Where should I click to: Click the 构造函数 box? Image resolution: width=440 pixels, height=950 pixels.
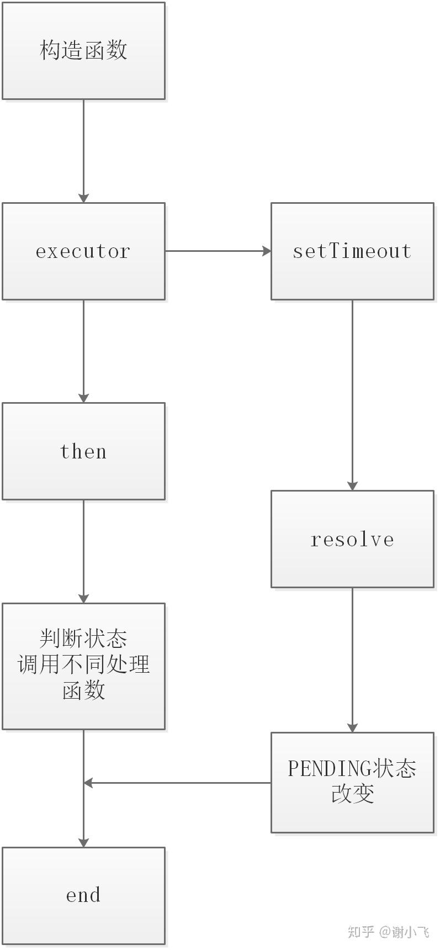[x=83, y=51]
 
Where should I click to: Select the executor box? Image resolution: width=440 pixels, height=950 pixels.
[x=83, y=251]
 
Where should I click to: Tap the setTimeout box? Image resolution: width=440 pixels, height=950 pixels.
[x=352, y=251]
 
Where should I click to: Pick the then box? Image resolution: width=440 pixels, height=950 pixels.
[x=83, y=451]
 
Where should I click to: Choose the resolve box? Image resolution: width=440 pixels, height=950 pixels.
[x=352, y=539]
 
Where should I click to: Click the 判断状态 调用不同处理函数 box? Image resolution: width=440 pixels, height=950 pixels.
[x=83, y=666]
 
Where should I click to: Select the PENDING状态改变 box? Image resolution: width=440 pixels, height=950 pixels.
[x=352, y=782]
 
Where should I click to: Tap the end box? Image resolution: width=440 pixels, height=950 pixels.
[x=83, y=895]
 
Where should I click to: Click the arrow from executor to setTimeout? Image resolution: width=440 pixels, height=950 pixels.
[x=218, y=251]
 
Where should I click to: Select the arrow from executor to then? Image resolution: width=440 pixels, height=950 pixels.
[x=83, y=351]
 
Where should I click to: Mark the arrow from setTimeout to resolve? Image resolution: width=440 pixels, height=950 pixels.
[x=352, y=395]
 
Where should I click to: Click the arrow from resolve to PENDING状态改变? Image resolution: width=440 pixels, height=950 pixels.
[x=352, y=660]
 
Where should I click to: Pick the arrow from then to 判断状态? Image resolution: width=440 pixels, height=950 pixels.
[x=83, y=551]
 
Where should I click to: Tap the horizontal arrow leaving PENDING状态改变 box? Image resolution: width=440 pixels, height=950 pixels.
[x=177, y=783]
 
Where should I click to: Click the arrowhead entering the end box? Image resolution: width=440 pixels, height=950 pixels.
[x=83, y=842]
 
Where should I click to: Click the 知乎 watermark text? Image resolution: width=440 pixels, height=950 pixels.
[x=361, y=932]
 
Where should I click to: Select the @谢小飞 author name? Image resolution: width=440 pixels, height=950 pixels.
[x=404, y=932]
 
